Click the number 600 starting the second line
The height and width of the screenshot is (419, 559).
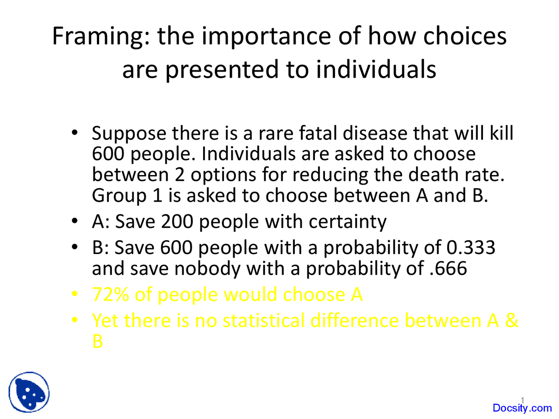[108, 154]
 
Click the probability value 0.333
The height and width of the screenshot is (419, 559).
[471, 248]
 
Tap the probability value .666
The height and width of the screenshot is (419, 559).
[449, 268]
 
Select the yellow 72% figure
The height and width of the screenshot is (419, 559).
[110, 295]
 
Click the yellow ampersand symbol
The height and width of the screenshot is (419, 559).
[511, 321]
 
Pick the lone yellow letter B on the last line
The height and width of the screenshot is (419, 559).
[97, 341]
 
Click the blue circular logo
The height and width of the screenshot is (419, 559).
[29, 392]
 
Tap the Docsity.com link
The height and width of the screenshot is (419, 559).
[522, 408]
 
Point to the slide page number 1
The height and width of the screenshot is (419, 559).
[522, 399]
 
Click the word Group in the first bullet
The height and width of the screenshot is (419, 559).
[118, 196]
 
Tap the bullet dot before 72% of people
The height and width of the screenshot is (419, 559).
[75, 295]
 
